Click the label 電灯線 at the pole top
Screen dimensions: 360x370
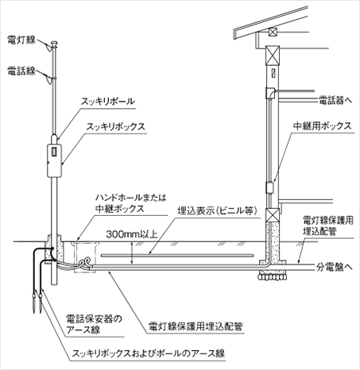coord(21,40)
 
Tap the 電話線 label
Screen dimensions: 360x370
coord(21,71)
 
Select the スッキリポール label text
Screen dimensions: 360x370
coord(108,102)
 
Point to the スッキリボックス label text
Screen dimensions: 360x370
coord(116,126)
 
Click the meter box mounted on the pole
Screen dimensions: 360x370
coord(54,160)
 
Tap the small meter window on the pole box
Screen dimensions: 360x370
coord(54,151)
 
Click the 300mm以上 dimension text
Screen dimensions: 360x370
coord(132,234)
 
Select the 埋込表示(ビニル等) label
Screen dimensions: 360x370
coord(218,211)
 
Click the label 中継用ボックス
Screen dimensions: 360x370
coord(323,125)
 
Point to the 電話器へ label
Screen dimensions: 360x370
coord(335,100)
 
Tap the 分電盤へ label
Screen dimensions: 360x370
coord(335,267)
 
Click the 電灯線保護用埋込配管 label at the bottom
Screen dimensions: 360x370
coord(195,326)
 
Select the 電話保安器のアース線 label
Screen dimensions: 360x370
coord(94,324)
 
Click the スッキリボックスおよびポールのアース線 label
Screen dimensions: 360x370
coord(149,353)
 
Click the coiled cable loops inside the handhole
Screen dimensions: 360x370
coord(85,263)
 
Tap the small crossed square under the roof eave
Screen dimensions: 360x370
coord(272,33)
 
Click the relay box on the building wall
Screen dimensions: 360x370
coord(269,187)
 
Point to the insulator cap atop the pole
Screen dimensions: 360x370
coord(54,44)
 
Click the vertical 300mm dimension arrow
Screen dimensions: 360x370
coord(132,253)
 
